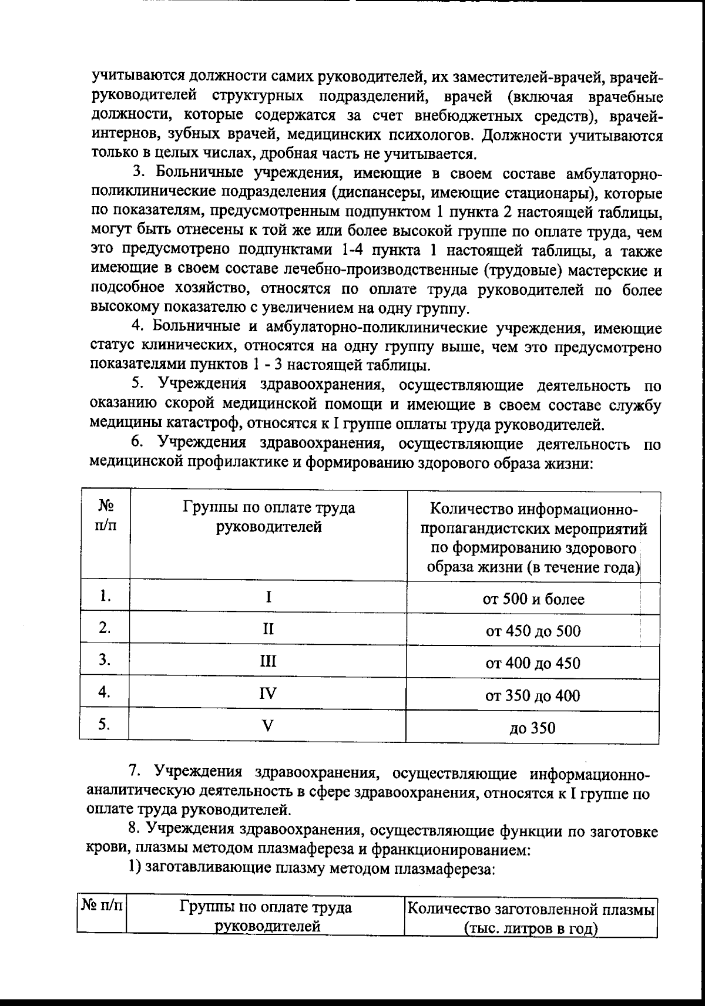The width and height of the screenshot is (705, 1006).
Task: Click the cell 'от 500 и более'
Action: [x=533, y=599]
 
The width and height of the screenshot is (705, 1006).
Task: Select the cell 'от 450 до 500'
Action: [x=533, y=631]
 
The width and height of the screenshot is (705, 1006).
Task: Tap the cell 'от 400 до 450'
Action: [x=533, y=664]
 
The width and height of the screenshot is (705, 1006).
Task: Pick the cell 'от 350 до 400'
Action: [x=533, y=696]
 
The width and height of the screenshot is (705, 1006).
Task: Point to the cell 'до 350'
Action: [x=533, y=728]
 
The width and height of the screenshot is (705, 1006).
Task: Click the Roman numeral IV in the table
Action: [x=268, y=694]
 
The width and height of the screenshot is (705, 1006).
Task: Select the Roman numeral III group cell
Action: [x=268, y=661]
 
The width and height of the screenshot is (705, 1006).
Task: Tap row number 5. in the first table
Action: [x=105, y=725]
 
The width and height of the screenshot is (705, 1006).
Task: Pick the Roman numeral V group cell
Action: [x=268, y=726]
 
